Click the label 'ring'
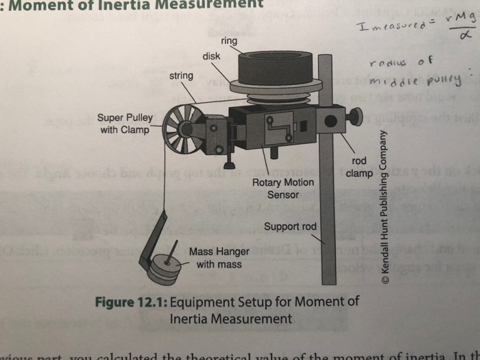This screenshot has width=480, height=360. click(229, 41)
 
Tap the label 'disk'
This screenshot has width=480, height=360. click(211, 56)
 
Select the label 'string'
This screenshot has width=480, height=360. click(181, 74)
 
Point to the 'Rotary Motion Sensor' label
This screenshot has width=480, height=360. click(283, 189)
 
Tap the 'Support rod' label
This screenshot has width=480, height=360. click(290, 227)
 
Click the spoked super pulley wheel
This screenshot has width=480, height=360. click(181, 130)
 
